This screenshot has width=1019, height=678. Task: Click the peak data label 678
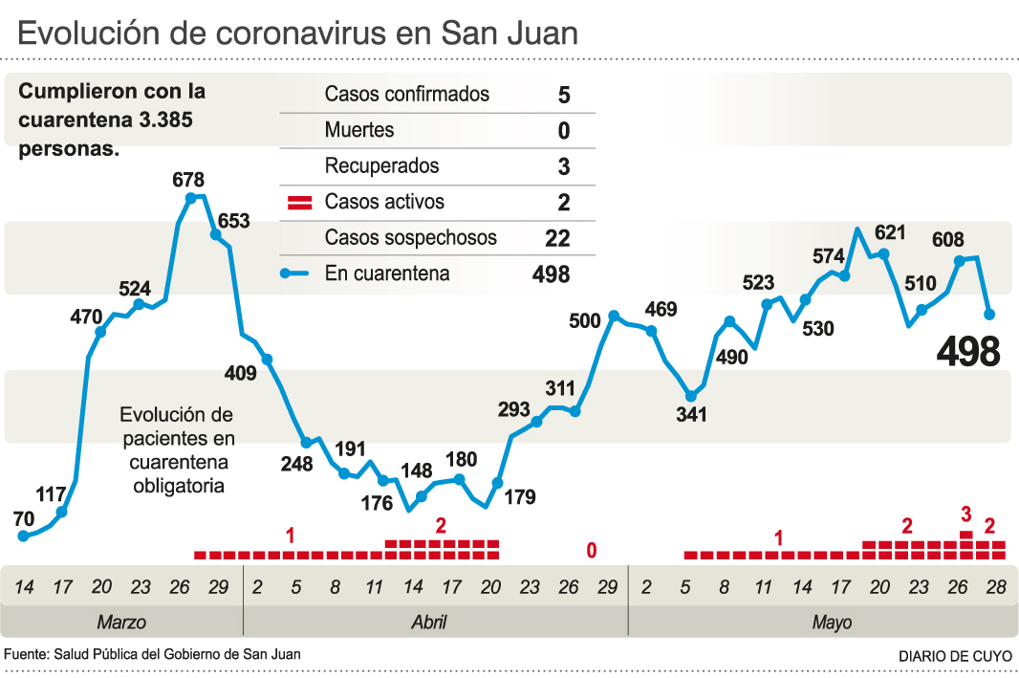[188, 180]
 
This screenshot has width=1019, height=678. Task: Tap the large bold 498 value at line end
[968, 353]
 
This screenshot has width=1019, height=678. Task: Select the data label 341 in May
[691, 415]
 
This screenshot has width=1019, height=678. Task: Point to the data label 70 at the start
[24, 519]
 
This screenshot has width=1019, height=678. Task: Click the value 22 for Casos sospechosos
[557, 238]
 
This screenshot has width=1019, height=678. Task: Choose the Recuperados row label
[381, 166]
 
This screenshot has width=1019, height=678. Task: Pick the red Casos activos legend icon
[301, 203]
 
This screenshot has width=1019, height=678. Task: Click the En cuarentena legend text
[387, 274]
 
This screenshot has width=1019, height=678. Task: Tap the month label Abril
[428, 623]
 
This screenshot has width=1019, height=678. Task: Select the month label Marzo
[121, 623]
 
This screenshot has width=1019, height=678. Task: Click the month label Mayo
[832, 623]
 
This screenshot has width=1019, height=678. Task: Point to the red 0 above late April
[592, 550]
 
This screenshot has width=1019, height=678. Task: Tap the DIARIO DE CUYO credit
[953, 657]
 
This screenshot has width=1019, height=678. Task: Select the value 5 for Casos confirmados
[564, 95]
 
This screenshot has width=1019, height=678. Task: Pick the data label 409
[240, 373]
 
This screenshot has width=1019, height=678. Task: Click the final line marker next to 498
[990, 314]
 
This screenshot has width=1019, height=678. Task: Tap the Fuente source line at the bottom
[153, 655]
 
